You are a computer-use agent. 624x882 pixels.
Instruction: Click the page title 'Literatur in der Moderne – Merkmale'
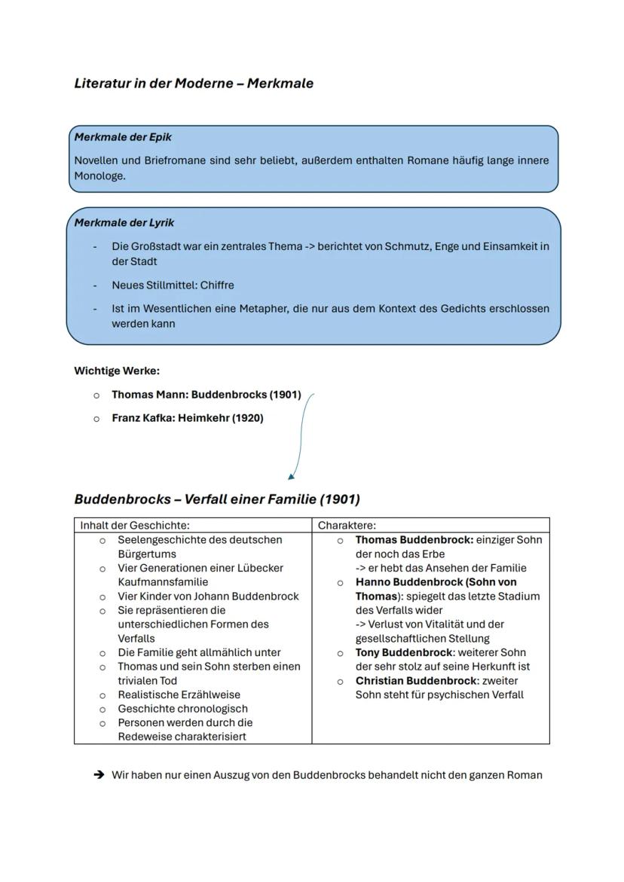[194, 84]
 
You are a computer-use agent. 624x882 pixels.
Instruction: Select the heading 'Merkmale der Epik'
[123, 137]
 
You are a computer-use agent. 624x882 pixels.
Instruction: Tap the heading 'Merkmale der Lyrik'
[124, 223]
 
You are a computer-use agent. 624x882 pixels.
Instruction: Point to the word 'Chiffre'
[217, 285]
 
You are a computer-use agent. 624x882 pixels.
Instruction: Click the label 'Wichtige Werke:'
[117, 371]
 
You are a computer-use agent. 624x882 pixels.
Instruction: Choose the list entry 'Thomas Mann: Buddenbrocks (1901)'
[206, 395]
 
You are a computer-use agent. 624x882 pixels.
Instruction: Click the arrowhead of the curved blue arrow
[291, 476]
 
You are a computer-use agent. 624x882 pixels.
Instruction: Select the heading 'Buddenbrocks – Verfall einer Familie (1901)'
[217, 499]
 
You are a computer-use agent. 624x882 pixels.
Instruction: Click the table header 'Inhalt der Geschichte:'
[135, 526]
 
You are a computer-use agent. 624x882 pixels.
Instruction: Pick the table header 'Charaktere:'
[347, 526]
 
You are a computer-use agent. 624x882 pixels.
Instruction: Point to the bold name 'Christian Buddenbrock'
[416, 681]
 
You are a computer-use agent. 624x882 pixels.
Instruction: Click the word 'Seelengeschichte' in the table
[162, 540]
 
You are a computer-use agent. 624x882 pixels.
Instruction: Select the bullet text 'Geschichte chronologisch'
[182, 709]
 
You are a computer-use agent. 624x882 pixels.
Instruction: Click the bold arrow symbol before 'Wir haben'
[98, 775]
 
